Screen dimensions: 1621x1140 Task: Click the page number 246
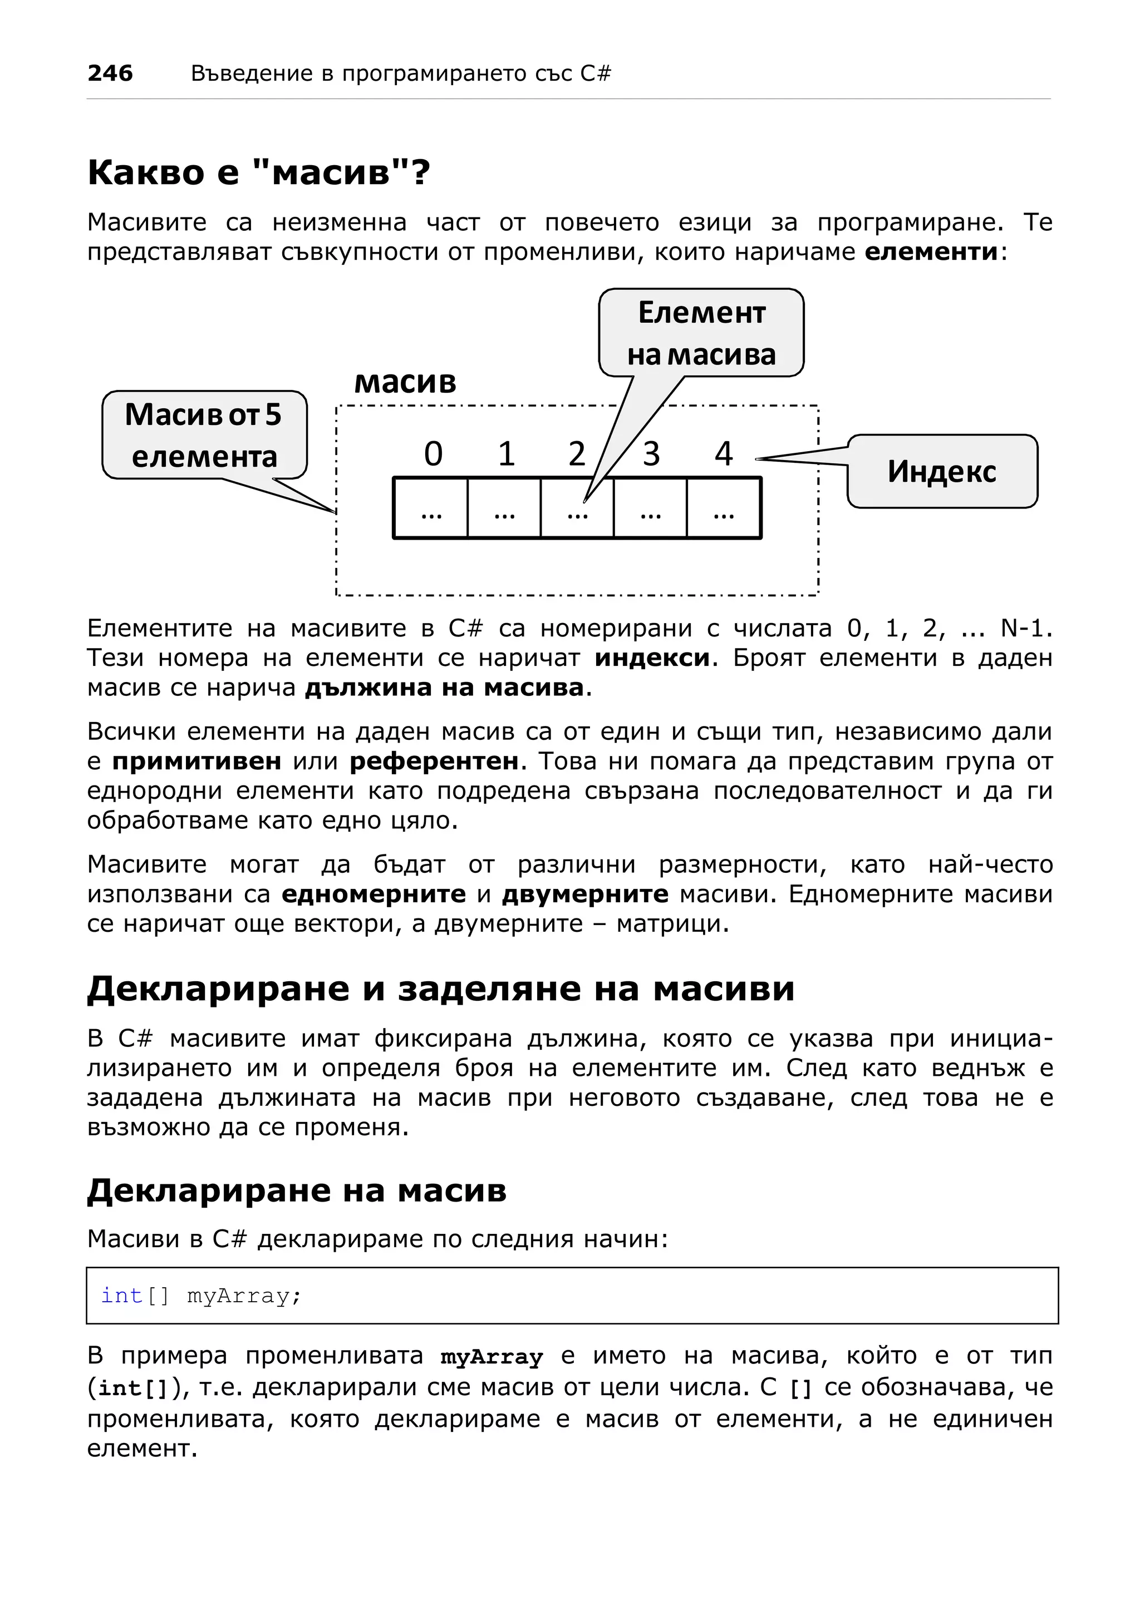[x=110, y=73]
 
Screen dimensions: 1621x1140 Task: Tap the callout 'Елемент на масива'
[x=701, y=333]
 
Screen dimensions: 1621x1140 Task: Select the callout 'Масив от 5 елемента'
[x=204, y=435]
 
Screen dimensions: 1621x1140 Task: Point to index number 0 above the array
[x=433, y=454]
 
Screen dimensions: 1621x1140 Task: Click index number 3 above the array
[x=651, y=454]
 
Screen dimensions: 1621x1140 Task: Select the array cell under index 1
[x=504, y=508]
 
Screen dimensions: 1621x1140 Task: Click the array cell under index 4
[x=723, y=508]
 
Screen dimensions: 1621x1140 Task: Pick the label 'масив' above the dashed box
[x=405, y=382]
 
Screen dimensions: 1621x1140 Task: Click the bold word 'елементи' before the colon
[x=931, y=252]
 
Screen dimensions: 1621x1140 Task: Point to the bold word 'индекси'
[x=651, y=658]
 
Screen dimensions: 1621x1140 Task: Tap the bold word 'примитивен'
[x=196, y=761]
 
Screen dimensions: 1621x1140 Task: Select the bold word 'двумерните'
[x=585, y=894]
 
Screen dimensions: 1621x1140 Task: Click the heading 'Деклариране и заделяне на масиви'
[x=441, y=989]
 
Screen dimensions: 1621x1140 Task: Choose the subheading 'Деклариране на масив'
[x=297, y=1190]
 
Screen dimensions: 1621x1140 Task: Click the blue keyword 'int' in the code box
[x=121, y=1296]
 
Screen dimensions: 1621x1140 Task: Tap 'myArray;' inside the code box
[x=244, y=1296]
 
